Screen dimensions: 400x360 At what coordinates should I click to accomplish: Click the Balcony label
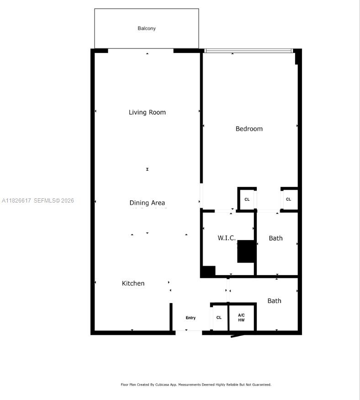(147, 28)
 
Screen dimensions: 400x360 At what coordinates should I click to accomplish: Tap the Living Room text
(147, 112)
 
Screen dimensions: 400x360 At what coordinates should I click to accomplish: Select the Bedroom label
(249, 129)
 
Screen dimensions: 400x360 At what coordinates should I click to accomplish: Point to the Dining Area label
(147, 203)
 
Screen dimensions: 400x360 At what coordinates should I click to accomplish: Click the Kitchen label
(133, 283)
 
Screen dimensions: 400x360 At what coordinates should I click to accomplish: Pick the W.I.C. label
(227, 238)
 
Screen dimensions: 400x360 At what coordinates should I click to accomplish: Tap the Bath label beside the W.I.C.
(275, 238)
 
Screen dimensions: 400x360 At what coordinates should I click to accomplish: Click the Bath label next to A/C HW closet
(274, 301)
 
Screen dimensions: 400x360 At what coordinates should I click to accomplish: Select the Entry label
(191, 318)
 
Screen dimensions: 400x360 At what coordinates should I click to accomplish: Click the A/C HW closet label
(241, 317)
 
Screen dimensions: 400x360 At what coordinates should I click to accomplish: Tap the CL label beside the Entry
(219, 318)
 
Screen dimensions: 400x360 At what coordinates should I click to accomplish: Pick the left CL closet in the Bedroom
(247, 199)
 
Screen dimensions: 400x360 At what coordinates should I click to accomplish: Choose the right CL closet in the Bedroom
(288, 199)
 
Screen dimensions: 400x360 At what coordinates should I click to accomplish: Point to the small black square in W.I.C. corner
(208, 271)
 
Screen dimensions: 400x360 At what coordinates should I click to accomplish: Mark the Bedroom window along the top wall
(249, 51)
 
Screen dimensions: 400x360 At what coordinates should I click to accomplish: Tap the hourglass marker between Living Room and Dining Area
(147, 169)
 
